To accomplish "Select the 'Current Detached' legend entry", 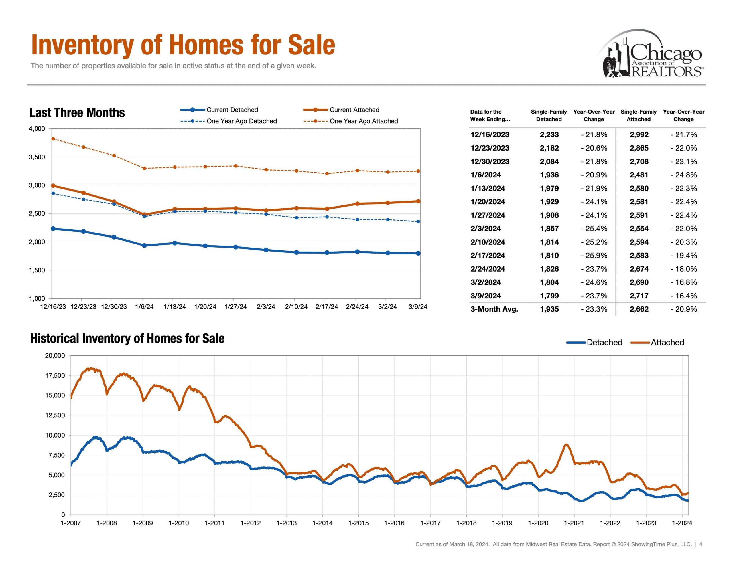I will point(232,110).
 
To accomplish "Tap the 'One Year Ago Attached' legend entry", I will point(363,121).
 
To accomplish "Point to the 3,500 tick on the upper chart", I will point(37,157).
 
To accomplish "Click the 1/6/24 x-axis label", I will point(144,307).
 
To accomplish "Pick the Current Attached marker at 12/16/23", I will point(53,185).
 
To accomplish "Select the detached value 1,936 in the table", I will point(549,175).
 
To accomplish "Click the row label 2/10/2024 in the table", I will point(488,242).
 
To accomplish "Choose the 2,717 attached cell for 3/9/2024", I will point(639,296).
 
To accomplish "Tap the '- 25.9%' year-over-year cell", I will point(594,255).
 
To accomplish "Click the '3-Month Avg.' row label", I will point(494,309).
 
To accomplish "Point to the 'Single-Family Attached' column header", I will point(638,115).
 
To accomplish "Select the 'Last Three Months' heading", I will point(77,113).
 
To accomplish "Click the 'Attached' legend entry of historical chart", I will point(667,343).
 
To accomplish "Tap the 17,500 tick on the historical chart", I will point(55,375).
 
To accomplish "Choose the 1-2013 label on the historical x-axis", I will point(286,523).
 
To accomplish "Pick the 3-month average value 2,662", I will point(639,309).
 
